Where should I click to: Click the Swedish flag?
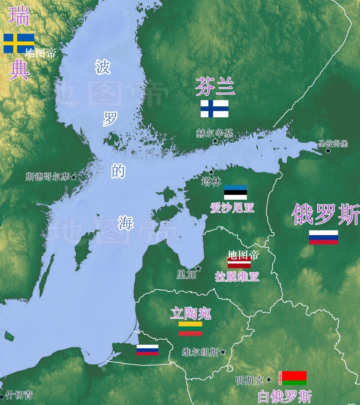point(19,43)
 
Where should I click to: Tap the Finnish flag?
point(214,108)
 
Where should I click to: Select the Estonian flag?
point(235,192)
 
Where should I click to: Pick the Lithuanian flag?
point(190,328)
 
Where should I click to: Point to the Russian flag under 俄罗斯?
point(323,237)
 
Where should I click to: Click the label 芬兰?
point(215,87)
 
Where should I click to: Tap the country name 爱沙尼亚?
point(232,208)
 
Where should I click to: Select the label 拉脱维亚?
point(237,277)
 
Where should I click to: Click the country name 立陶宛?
point(190,313)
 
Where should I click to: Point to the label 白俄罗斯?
point(285,396)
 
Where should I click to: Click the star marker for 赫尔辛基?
point(215,141)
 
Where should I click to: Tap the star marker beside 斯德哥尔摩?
point(73,177)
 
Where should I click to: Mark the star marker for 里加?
point(198,269)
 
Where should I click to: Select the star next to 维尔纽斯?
point(223,352)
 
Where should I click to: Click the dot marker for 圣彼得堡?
point(328,151)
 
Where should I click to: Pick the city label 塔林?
point(211,182)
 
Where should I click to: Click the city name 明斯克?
point(249,381)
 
